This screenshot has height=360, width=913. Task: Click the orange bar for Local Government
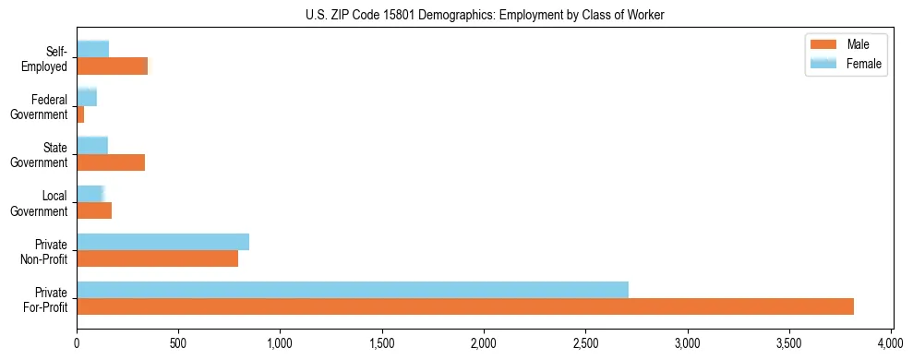94,210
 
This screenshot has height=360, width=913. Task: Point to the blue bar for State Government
92,145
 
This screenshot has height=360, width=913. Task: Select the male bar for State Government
111,162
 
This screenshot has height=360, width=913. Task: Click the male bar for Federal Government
80,114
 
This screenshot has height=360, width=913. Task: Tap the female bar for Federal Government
87,97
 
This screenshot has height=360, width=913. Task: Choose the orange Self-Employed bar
112,66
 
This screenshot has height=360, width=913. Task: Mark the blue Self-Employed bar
92,49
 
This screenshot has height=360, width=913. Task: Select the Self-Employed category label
50,58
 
